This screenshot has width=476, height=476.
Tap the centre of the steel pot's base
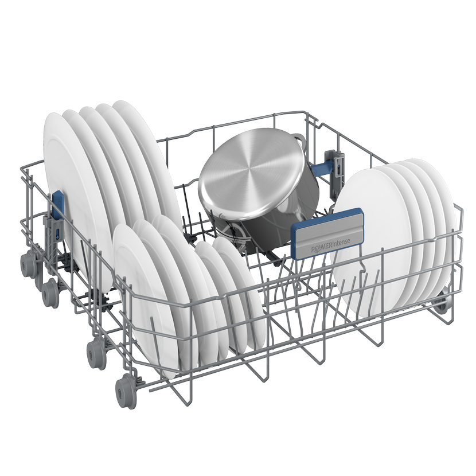pos(251,170)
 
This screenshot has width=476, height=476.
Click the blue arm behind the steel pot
pos(323,170)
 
